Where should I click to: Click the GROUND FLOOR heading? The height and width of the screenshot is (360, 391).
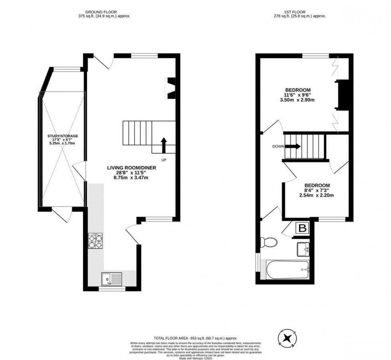(x=105, y=12)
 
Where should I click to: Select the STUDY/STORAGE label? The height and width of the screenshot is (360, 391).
(x=62, y=136)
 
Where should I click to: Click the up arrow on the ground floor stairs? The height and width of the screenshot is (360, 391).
(x=163, y=145)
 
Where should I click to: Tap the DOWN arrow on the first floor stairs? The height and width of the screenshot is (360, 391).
(x=293, y=146)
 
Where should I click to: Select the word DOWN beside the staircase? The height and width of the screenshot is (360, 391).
(x=278, y=146)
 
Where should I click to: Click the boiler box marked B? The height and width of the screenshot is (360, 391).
(x=302, y=229)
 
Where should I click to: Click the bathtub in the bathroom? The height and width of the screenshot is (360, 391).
(x=285, y=270)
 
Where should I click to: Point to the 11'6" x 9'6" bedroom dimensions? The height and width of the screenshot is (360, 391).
(x=297, y=95)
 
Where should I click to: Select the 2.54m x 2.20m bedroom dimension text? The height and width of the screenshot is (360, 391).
(x=317, y=196)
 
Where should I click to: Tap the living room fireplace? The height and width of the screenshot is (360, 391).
(x=171, y=87)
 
